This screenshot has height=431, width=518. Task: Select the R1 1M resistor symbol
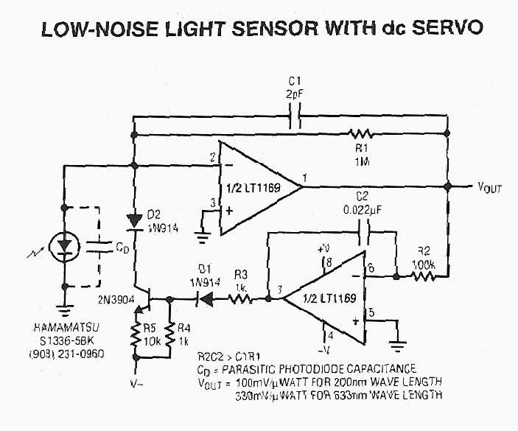pos(361,134)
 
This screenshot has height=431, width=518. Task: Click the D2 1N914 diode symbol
pos(135,220)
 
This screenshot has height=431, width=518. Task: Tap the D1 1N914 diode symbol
pos(209,299)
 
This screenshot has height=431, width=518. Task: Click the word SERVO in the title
pos(444,29)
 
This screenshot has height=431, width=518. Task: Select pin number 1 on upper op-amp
pos(304,175)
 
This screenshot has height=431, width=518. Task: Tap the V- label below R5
pos(136,383)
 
